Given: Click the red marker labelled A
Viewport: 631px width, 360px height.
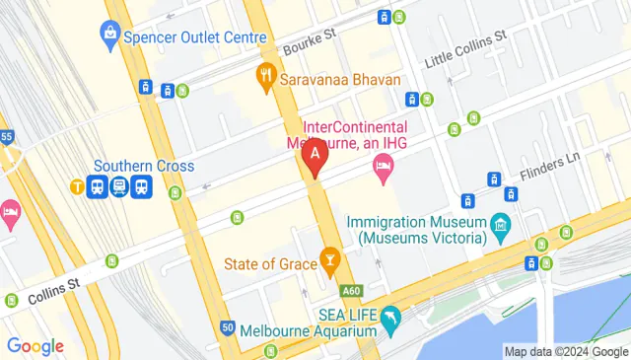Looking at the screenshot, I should (x=315, y=156).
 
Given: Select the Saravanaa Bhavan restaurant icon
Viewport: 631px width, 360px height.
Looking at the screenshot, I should (x=265, y=75).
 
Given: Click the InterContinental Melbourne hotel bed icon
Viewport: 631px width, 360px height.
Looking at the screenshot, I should (x=383, y=172).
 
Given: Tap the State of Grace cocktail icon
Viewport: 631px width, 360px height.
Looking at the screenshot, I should (x=329, y=262).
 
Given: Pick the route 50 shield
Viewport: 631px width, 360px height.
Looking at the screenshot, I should (x=228, y=327).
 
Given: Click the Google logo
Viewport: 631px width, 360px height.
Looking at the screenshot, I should (x=35, y=346).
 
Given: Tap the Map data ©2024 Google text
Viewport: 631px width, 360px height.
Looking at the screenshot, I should (x=565, y=351).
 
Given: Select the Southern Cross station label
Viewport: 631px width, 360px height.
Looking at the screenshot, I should (x=145, y=166).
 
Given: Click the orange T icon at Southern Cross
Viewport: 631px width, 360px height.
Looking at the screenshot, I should (x=77, y=185).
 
